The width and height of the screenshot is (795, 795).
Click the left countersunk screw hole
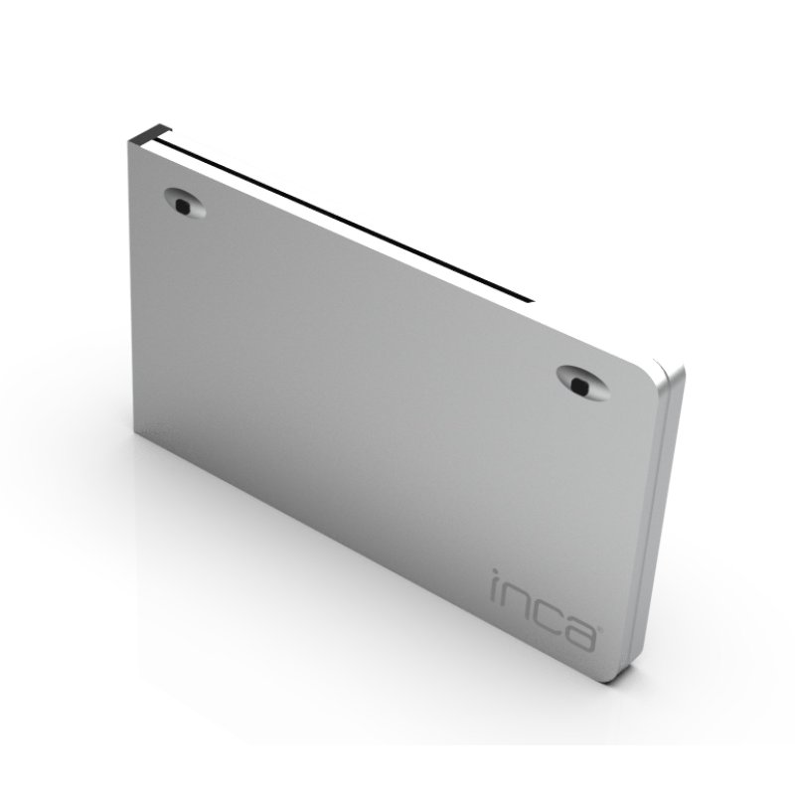[x=184, y=204]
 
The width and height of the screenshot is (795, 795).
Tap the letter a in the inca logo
[x=579, y=631]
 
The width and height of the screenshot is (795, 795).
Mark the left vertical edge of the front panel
[x=133, y=288]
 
